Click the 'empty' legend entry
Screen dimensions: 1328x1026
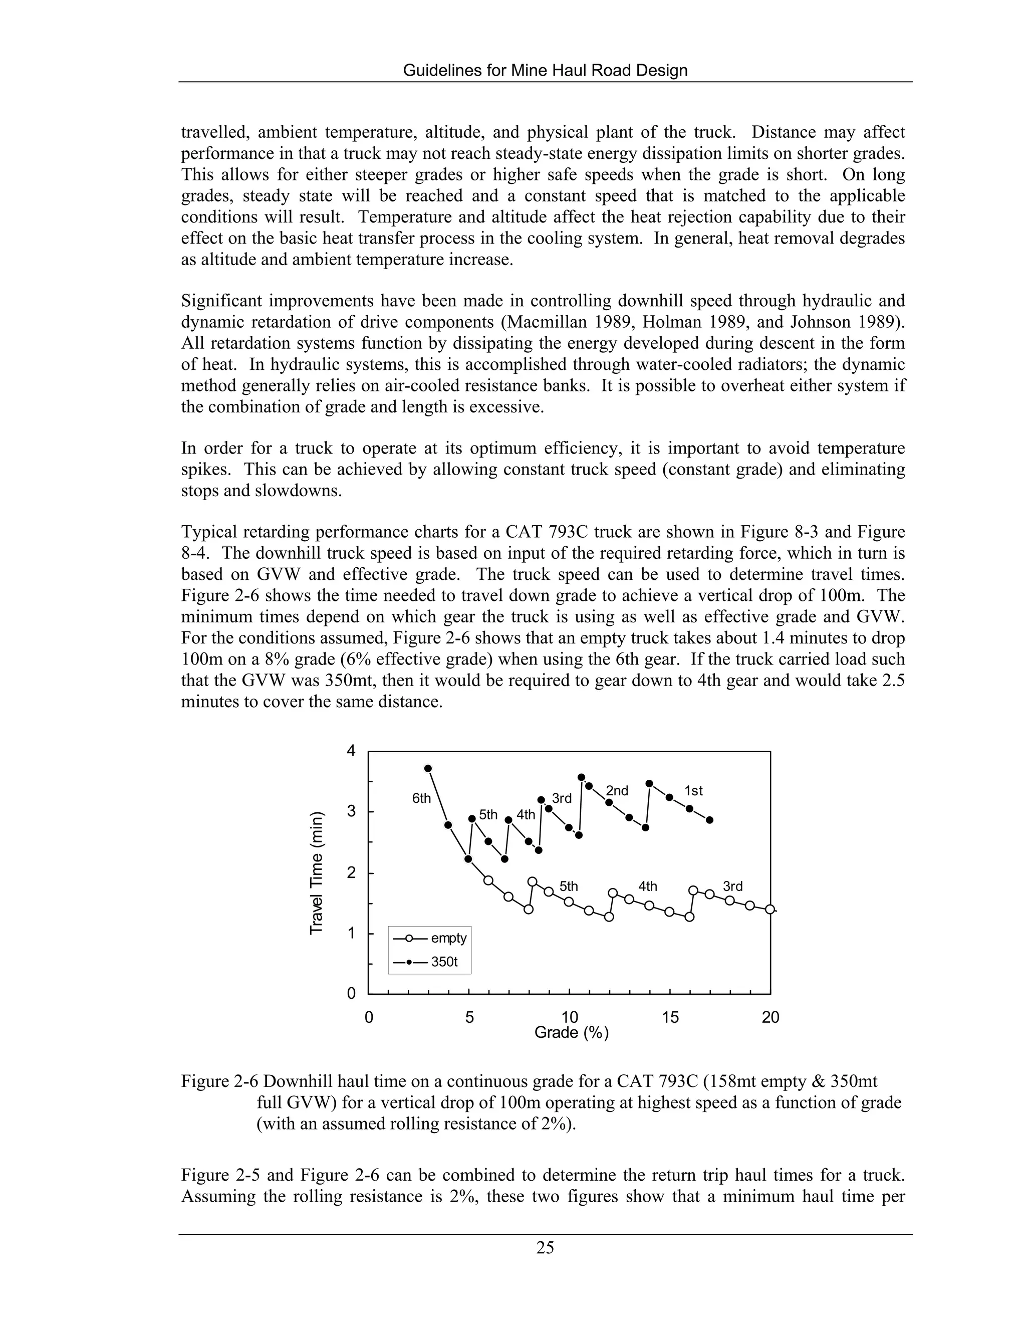448,938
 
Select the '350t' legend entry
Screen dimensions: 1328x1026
444,963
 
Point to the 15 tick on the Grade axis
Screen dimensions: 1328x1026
670,1017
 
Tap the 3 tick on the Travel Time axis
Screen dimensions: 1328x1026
351,812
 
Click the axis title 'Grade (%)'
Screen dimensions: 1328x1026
571,1032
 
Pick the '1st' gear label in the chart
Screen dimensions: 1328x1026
693,790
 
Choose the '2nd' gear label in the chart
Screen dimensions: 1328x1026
617,790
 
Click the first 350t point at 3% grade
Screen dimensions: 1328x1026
428,768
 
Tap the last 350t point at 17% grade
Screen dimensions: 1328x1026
709,820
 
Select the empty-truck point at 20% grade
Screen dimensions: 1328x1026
769,909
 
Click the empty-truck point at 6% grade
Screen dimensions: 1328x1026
488,880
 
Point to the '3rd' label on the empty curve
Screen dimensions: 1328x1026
732,887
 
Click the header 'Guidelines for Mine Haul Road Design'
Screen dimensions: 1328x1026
545,71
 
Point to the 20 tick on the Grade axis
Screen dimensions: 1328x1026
770,1017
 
